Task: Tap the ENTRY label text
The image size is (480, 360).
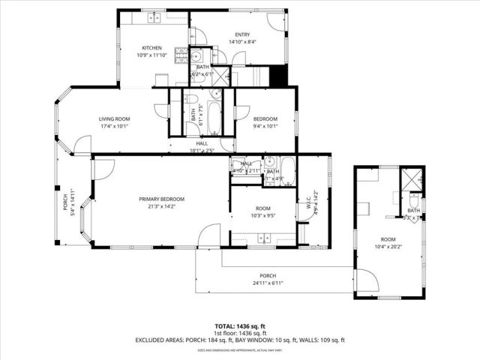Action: click(x=242, y=34)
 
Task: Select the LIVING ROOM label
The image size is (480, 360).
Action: click(x=115, y=118)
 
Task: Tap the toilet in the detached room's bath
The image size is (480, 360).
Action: click(x=414, y=200)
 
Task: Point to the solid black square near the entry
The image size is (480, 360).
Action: click(x=277, y=76)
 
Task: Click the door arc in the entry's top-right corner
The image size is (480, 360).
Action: click(x=279, y=20)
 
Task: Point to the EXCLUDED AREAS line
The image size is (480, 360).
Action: click(x=240, y=340)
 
